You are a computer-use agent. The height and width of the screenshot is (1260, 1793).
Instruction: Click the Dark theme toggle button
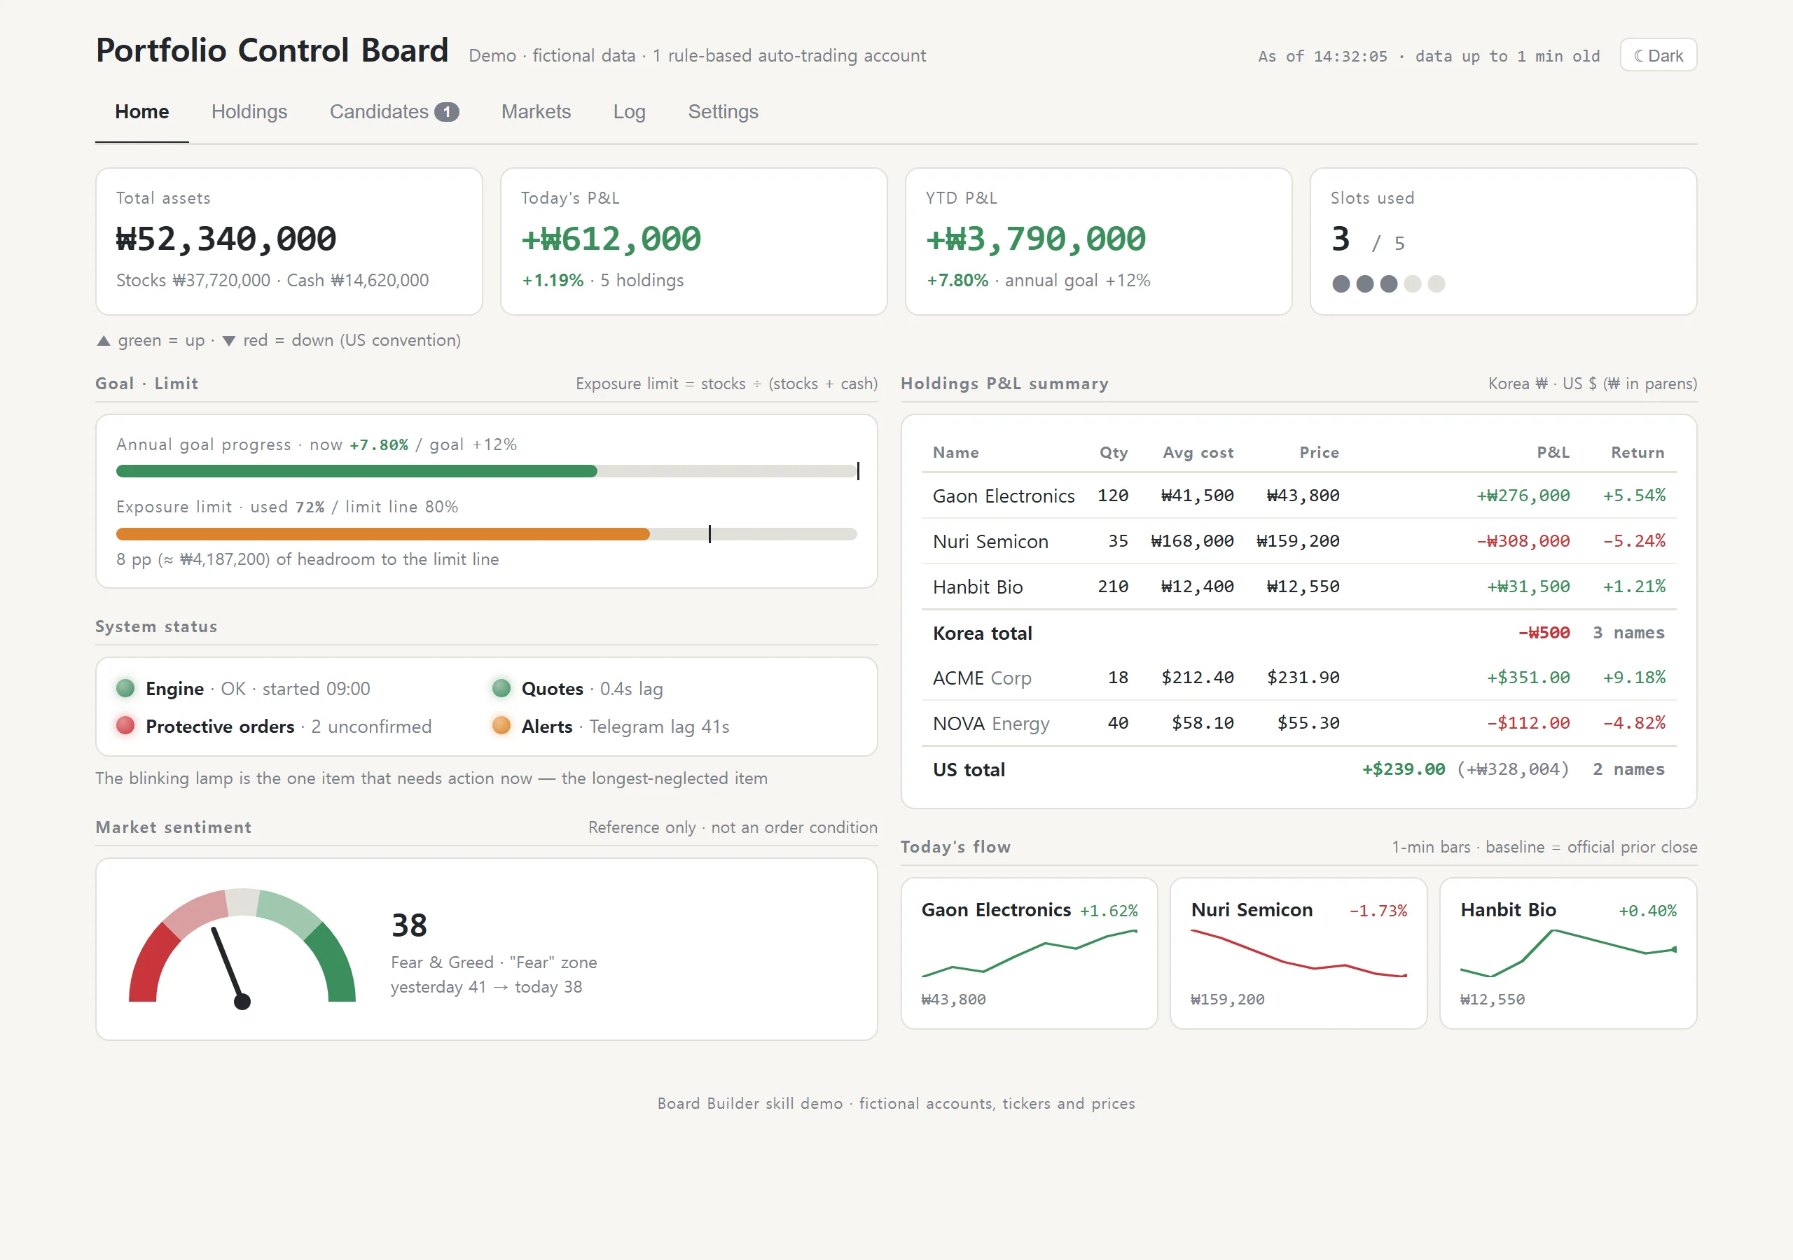pos(1658,55)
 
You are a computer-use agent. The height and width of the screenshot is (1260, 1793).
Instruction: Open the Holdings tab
pos(249,111)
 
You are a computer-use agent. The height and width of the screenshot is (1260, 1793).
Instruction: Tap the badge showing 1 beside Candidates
pos(447,111)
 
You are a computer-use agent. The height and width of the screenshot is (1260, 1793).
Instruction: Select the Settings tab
pos(723,111)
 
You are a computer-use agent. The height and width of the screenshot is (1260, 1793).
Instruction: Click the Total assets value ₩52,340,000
pos(226,239)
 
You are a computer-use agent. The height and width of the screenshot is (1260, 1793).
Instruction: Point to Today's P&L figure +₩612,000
pos(611,239)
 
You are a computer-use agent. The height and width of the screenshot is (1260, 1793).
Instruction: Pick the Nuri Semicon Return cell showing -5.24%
pos(1635,541)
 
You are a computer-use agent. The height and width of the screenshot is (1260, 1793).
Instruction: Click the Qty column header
pos(1114,453)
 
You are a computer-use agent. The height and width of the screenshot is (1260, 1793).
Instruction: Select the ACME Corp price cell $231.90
pos(1303,678)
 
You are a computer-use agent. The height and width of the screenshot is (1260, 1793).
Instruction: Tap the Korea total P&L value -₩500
pos(1544,633)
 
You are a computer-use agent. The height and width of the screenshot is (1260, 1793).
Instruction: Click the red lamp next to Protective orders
pos(125,726)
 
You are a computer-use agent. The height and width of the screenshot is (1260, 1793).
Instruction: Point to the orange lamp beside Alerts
pos(501,726)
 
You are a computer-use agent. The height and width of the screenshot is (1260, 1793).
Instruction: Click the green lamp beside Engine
pos(125,689)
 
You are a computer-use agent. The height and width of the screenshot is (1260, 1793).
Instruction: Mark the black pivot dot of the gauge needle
pos(242,1002)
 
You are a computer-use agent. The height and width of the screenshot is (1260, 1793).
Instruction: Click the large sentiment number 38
pos(409,926)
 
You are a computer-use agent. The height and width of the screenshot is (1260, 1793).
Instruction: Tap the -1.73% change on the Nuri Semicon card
pos(1378,911)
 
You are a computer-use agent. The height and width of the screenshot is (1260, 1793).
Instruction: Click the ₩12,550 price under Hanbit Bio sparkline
pos(1493,1000)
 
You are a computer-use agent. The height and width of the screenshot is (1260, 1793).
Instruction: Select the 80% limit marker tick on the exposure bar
pos(709,534)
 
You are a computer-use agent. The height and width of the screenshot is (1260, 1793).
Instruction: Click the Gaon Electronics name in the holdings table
pos(1004,496)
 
